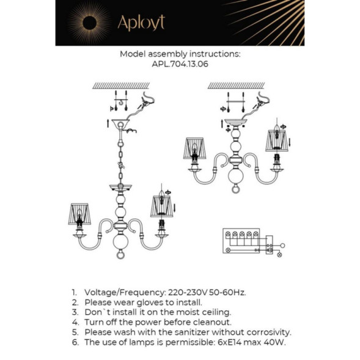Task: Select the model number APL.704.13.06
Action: [x=180, y=64]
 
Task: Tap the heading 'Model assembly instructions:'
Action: [x=180, y=54]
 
